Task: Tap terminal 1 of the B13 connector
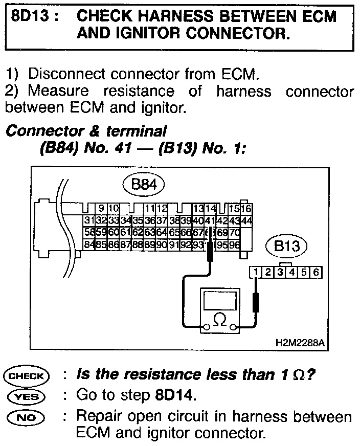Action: point(255,272)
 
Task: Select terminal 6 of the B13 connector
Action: point(316,272)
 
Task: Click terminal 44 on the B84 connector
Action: point(247,220)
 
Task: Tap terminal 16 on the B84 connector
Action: point(246,209)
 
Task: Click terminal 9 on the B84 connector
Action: point(102,209)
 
